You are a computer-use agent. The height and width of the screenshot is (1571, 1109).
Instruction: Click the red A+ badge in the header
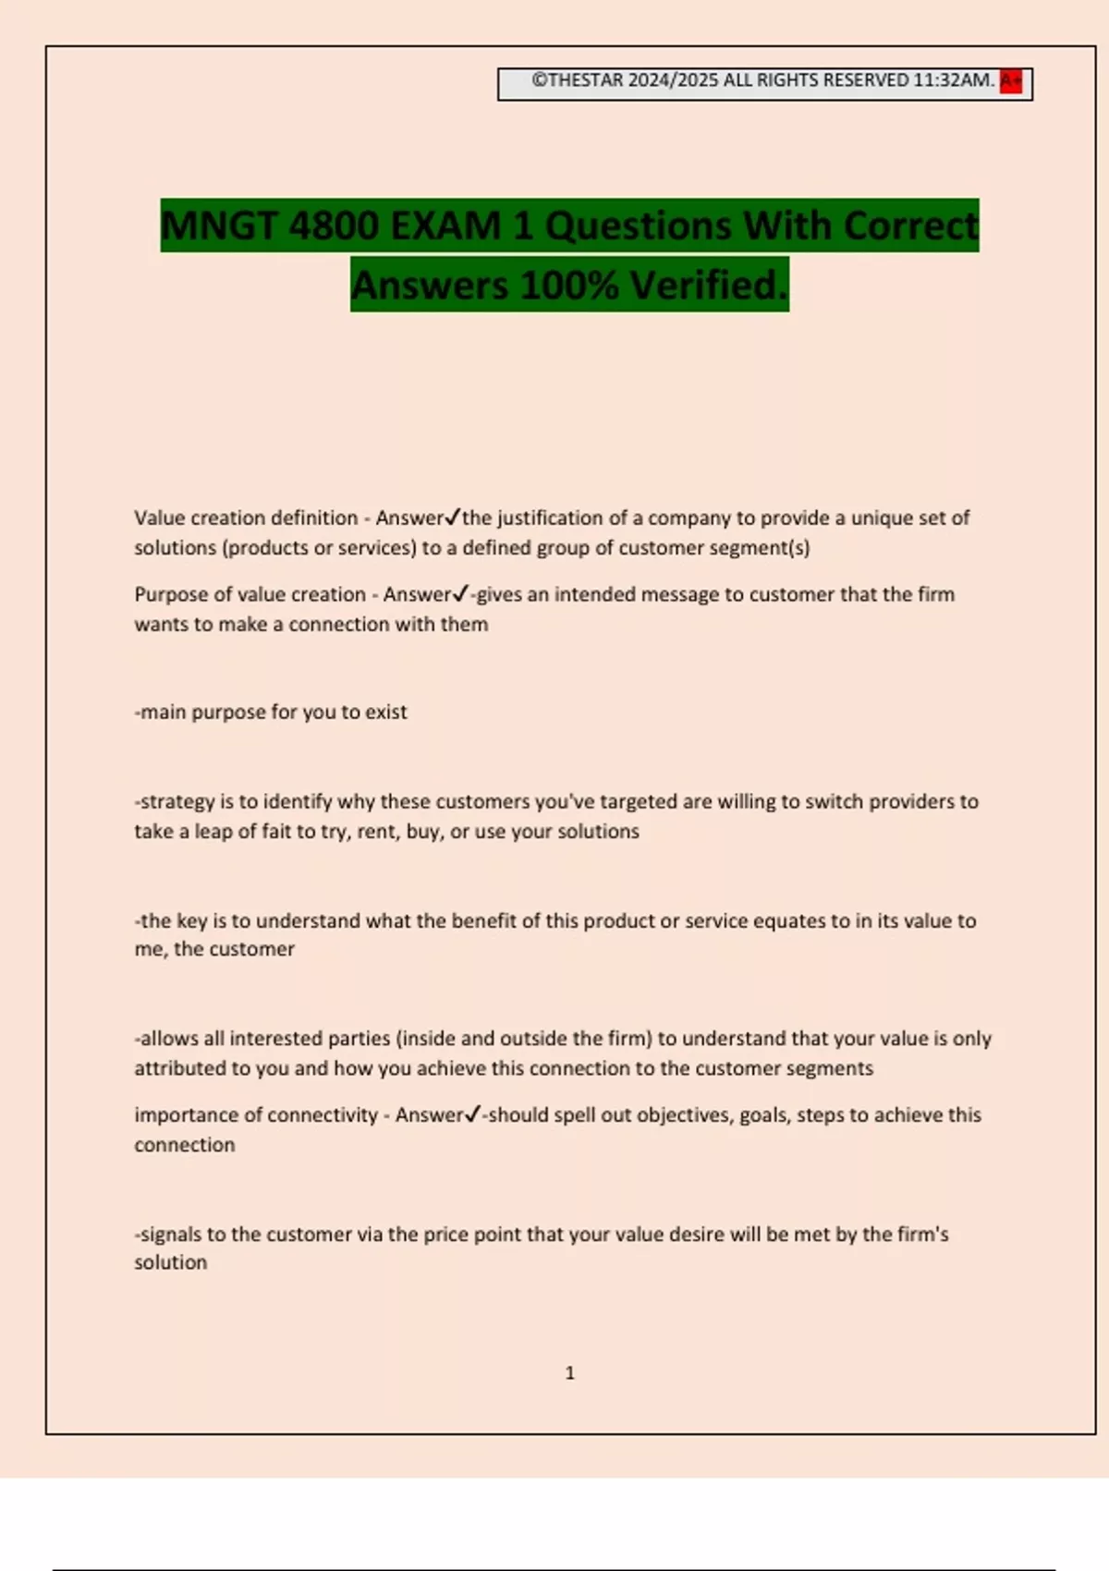coord(1011,81)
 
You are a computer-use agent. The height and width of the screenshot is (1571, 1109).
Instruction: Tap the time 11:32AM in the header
coord(953,80)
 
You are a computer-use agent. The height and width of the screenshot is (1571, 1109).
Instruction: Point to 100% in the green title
coord(569,286)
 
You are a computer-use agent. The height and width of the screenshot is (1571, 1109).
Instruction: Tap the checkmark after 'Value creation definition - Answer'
coord(453,517)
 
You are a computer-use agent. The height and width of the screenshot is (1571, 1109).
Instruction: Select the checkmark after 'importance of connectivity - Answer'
coord(472,1114)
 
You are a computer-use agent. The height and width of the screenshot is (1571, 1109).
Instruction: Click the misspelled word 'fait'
coord(276,831)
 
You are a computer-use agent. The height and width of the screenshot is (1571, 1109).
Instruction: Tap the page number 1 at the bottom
coord(569,1373)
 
